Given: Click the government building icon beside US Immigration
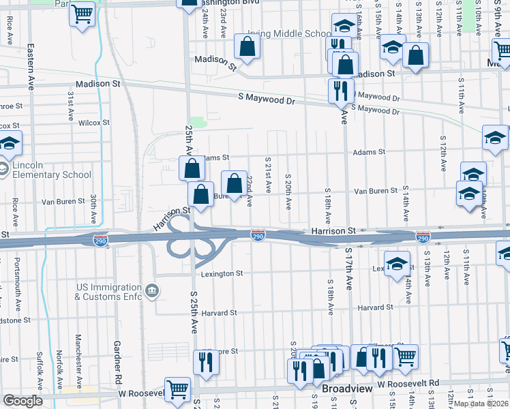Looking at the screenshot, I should [x=152, y=292].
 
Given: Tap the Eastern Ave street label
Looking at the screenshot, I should [x=31, y=66].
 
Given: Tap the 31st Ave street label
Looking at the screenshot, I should [x=70, y=103].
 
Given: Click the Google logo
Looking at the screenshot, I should [x=22, y=401].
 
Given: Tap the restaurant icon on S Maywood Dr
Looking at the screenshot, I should [x=340, y=89].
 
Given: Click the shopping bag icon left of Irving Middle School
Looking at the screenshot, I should [x=247, y=46].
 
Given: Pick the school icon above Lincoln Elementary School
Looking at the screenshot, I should [x=10, y=143].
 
